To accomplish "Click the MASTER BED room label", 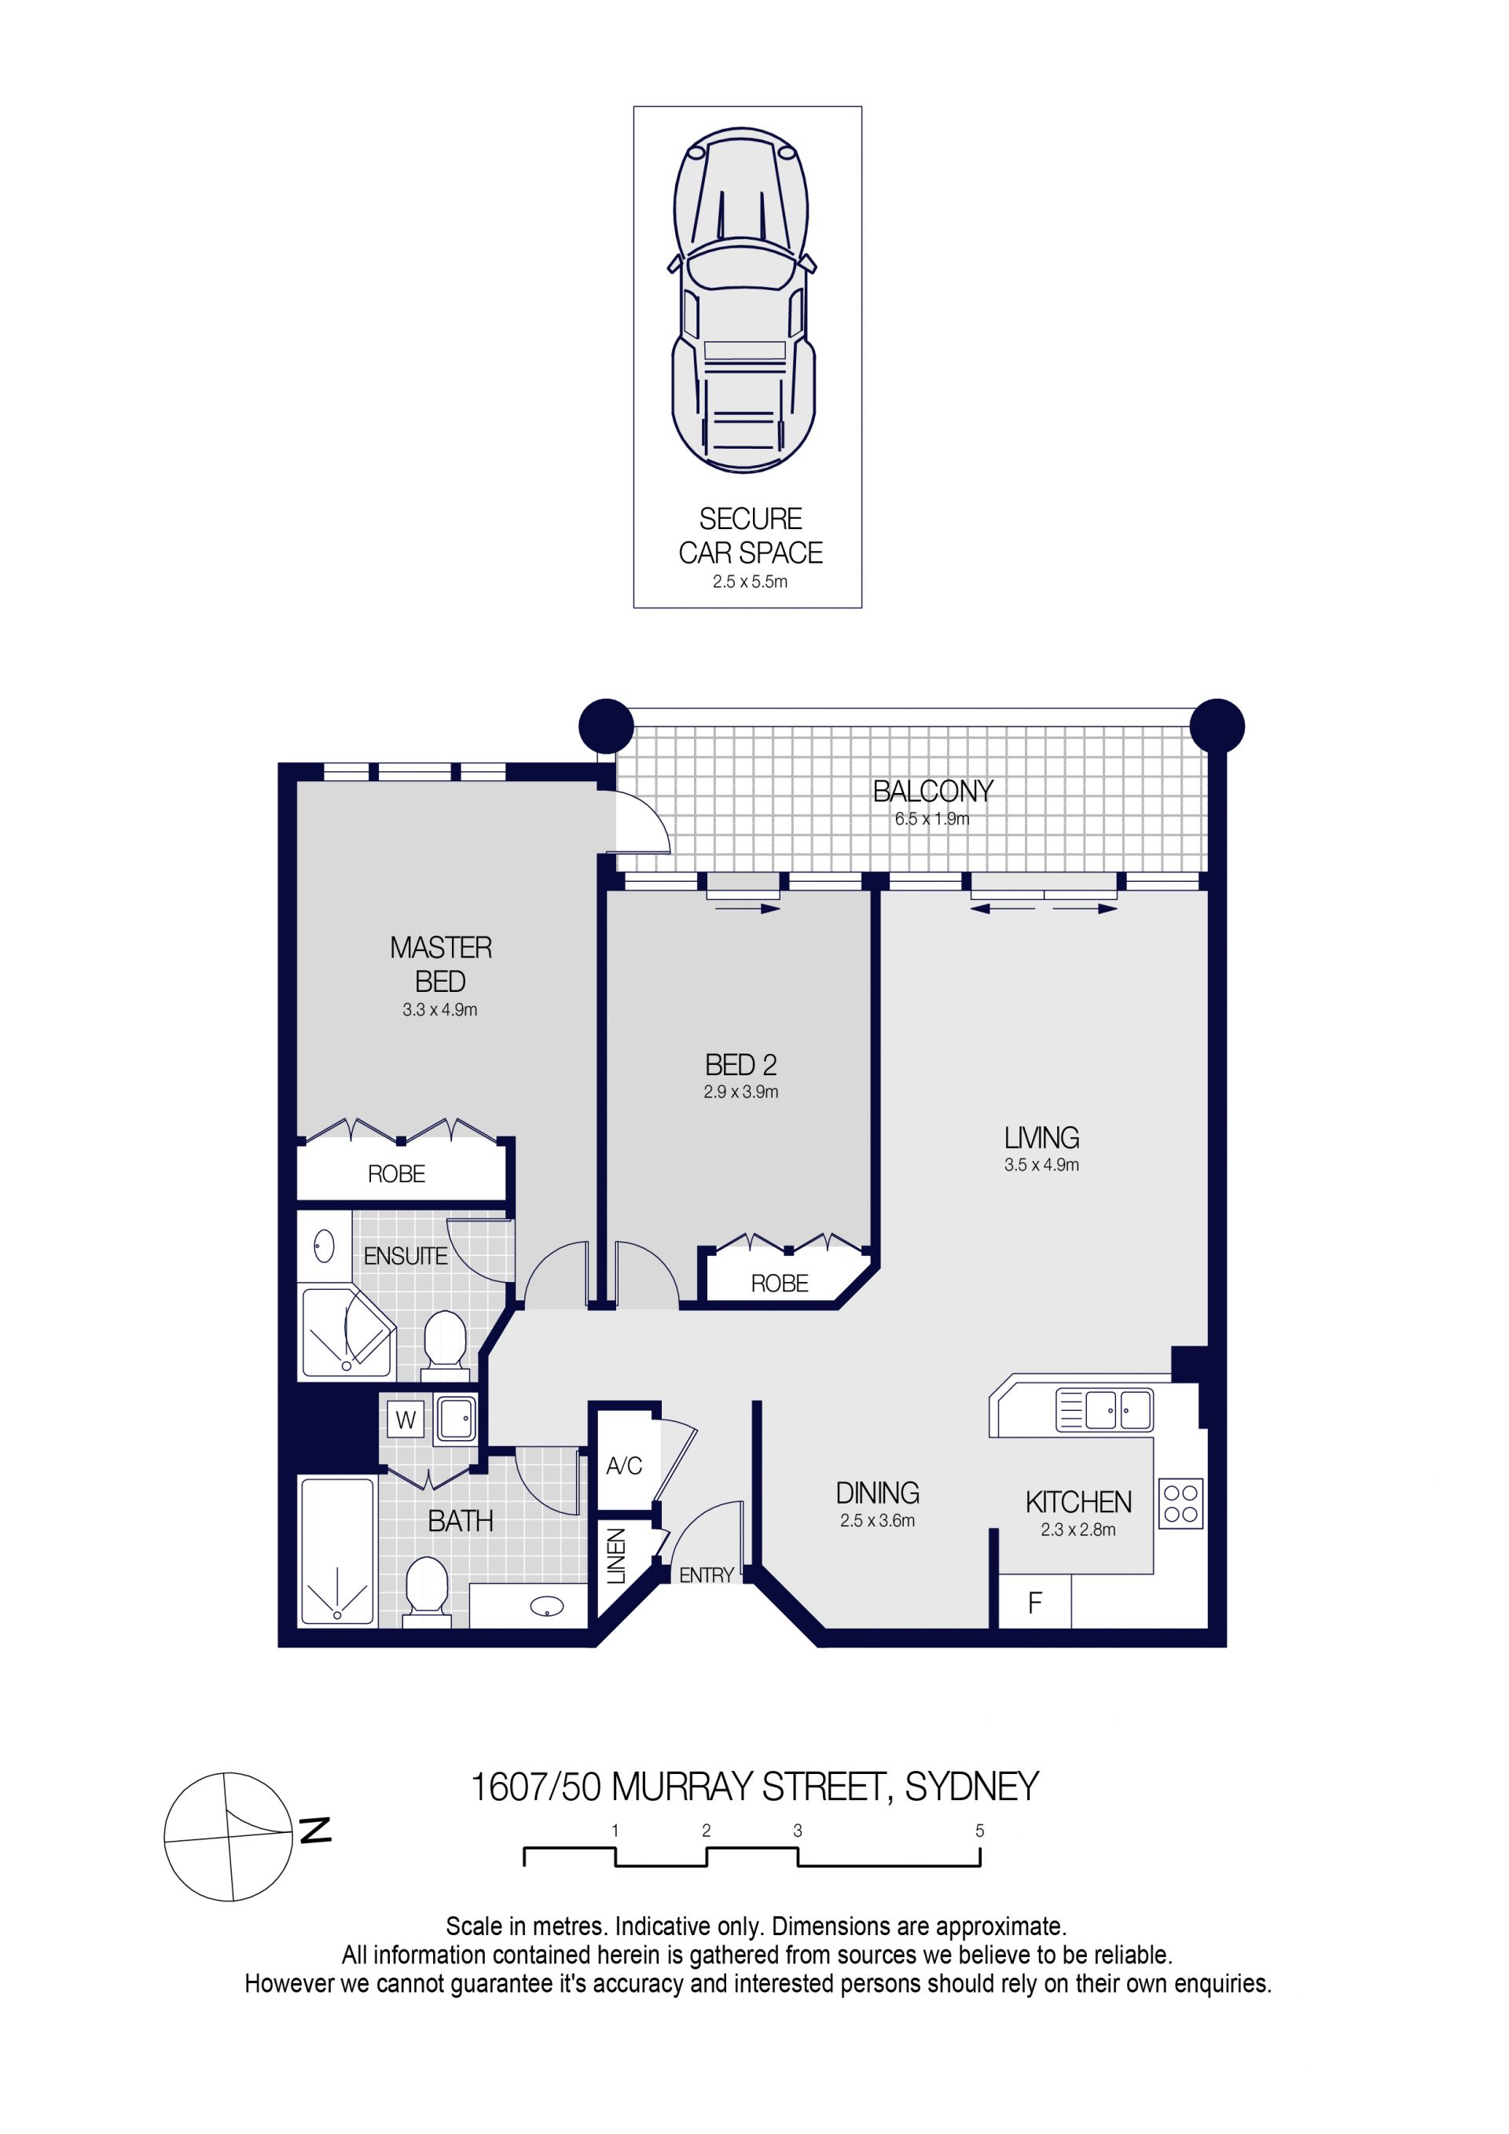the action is (x=440, y=964).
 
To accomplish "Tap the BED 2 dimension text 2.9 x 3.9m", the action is (x=740, y=1092).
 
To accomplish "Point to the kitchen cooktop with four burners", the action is (x=1180, y=1504).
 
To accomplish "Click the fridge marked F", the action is (x=1035, y=1603).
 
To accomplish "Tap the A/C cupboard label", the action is (x=624, y=1466).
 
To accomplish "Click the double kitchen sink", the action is (x=1104, y=1410).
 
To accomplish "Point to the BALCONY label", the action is (x=933, y=791).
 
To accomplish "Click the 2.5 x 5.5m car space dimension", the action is (x=750, y=582).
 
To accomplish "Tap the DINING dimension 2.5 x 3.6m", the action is (x=877, y=1521).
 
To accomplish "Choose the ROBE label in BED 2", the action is (x=780, y=1284).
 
